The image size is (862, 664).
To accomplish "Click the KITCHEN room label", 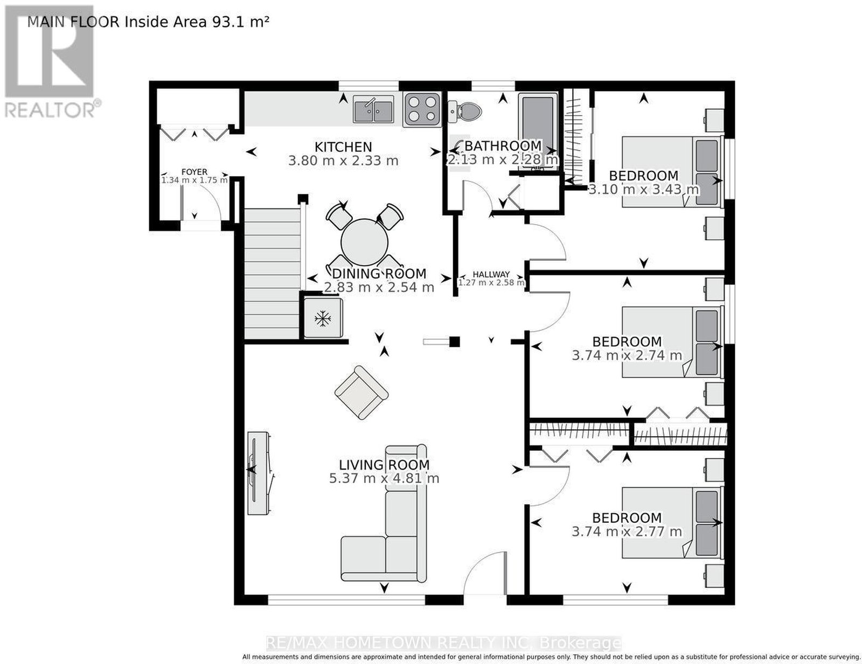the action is [343, 147].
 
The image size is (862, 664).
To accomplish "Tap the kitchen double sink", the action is [374, 109].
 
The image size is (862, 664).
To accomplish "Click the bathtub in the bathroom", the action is [538, 132].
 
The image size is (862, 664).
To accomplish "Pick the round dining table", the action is [364, 242].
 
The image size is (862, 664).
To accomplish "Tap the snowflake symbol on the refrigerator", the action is [323, 318].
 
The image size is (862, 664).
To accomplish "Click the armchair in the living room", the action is [362, 392].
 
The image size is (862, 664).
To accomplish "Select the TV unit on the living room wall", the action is [260, 473].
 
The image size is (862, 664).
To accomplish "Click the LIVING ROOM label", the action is [384, 465].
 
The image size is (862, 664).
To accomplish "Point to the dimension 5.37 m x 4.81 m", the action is [384, 478].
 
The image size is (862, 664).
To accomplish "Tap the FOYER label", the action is [194, 172].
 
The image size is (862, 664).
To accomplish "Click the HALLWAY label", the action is [491, 274].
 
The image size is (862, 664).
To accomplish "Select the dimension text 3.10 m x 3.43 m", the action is [643, 189].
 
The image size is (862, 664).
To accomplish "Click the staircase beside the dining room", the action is [272, 274].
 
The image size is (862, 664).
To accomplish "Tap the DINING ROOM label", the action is [379, 274].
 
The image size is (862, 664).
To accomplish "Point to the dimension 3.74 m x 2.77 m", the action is [627, 531].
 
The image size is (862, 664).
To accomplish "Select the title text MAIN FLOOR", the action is [73, 22].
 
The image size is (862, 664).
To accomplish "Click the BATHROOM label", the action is [503, 146].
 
